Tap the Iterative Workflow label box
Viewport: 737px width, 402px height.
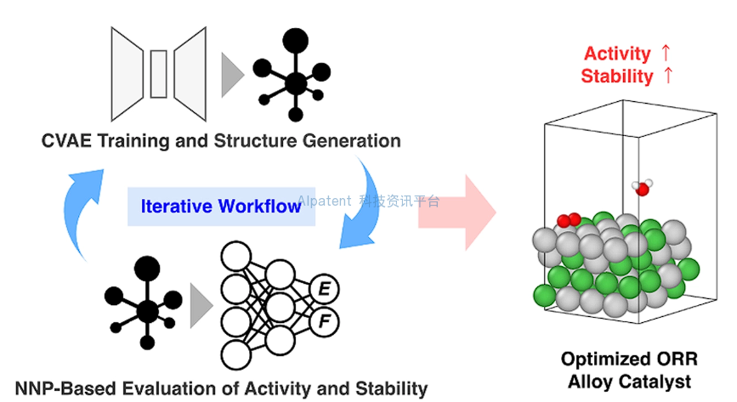221,207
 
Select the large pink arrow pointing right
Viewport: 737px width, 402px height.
456,212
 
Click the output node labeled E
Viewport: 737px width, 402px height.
325,289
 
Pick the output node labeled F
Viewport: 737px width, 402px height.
325,322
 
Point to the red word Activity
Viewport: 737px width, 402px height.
617,54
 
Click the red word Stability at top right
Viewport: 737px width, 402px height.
616,76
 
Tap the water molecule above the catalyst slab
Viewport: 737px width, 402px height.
642,187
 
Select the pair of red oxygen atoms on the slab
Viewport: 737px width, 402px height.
569,220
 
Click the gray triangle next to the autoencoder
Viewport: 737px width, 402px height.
231,76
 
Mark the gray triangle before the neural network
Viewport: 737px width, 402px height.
201,306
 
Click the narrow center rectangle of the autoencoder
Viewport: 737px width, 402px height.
158,74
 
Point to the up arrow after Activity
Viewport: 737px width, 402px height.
665,53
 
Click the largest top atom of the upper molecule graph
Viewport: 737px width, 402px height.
295,41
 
